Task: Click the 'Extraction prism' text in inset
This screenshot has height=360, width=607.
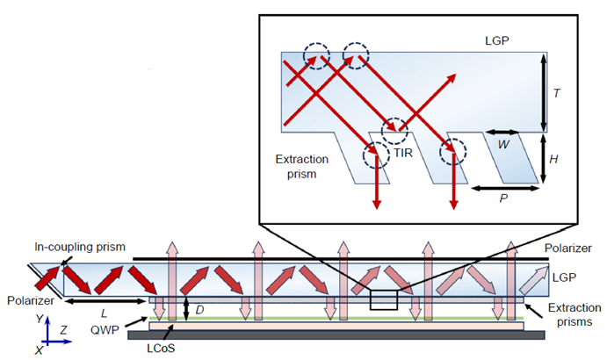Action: (x=300, y=167)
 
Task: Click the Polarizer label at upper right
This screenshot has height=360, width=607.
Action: (x=568, y=248)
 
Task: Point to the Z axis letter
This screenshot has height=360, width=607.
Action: (x=66, y=329)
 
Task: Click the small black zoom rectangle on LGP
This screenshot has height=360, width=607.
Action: (x=384, y=300)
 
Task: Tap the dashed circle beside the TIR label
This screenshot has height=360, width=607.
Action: (x=394, y=131)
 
